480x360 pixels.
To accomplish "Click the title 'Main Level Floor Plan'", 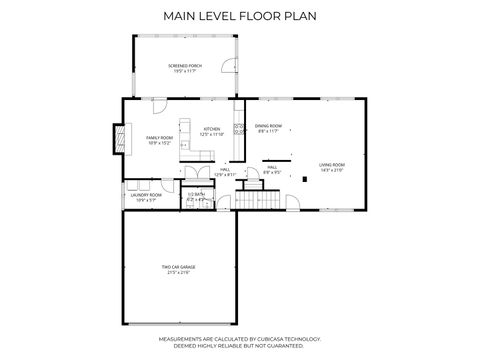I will [x=240, y=16].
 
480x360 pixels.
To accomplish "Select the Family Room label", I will [x=159, y=137].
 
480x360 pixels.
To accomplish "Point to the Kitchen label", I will [x=212, y=129].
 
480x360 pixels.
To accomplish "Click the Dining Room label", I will [x=269, y=126].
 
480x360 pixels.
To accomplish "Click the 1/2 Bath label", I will [x=196, y=194].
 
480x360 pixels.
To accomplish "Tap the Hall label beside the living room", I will [x=271, y=168].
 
